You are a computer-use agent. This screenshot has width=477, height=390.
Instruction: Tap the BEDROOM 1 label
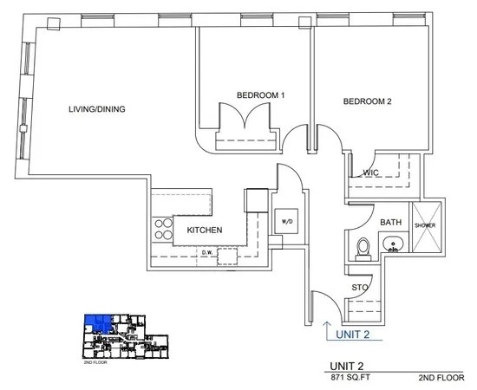pyautogui.click(x=261, y=94)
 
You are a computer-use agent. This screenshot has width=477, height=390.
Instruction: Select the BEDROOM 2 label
pyautogui.click(x=368, y=101)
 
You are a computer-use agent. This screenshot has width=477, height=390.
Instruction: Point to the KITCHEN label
pyautogui.click(x=206, y=231)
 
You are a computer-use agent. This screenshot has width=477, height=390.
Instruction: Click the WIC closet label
pyautogui.click(x=372, y=172)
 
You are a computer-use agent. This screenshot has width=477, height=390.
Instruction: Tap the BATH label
pyautogui.click(x=390, y=223)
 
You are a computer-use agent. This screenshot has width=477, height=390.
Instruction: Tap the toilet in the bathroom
pyautogui.click(x=364, y=248)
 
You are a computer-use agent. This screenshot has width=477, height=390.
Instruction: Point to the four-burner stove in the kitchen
pyautogui.click(x=162, y=229)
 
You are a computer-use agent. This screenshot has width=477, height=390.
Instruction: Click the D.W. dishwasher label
pyautogui.click(x=207, y=253)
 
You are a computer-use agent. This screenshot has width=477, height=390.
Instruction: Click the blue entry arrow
pyautogui.click(x=327, y=328)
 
